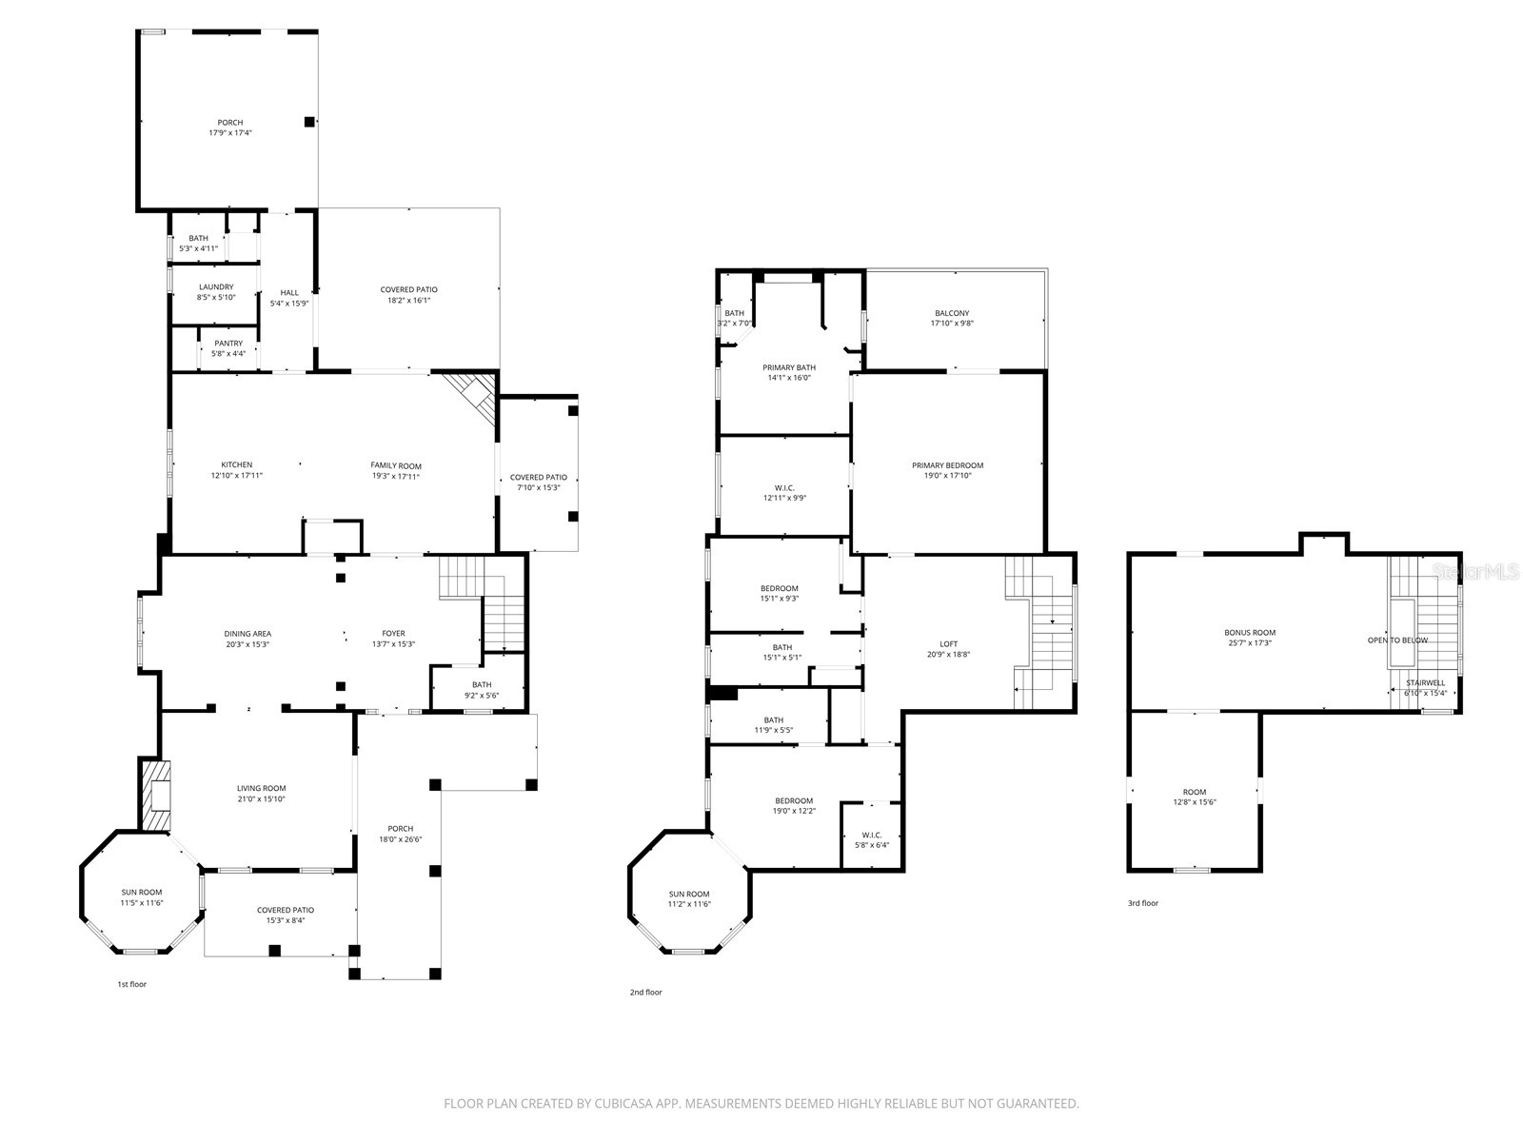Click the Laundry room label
(216, 287)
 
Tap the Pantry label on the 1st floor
(228, 344)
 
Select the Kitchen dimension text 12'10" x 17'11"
(237, 476)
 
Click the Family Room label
(395, 466)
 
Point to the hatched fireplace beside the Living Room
(155, 796)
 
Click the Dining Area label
(247, 634)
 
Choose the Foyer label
(393, 633)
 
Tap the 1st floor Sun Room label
(142, 893)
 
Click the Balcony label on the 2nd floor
(952, 313)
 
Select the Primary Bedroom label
(948, 465)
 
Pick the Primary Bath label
(789, 367)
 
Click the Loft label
(948, 644)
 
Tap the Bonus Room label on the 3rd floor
(1250, 632)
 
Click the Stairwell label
(1426, 683)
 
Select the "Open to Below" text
(1397, 640)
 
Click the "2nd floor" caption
(646, 993)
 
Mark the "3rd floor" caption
(1143, 903)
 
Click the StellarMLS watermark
(1475, 572)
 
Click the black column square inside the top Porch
(308, 122)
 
